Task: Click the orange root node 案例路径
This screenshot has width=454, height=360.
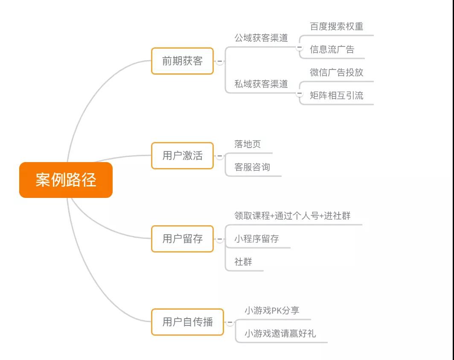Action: click(x=66, y=180)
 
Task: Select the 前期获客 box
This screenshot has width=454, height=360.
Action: click(x=183, y=61)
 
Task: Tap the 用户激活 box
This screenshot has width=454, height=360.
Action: click(x=183, y=156)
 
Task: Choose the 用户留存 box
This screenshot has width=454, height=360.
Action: click(x=183, y=239)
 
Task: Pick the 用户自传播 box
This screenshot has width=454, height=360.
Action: click(x=188, y=322)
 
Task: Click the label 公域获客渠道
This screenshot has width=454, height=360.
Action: click(x=261, y=38)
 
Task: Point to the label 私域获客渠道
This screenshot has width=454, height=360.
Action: click(x=261, y=84)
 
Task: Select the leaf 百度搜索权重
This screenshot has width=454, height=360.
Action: click(x=336, y=26)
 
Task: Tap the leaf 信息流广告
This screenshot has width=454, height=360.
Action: click(x=332, y=49)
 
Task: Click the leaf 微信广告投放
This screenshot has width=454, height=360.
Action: click(x=336, y=73)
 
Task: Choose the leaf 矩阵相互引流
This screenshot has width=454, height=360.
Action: click(x=336, y=95)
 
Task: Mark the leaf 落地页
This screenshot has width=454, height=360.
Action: click(x=247, y=144)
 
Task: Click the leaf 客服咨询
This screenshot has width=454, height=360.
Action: click(x=252, y=167)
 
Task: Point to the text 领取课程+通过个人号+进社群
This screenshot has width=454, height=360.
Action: click(x=292, y=215)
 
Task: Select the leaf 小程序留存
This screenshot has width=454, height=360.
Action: click(x=256, y=239)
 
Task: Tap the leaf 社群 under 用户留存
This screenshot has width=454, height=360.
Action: click(x=243, y=261)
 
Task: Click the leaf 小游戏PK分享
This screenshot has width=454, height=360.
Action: click(x=272, y=311)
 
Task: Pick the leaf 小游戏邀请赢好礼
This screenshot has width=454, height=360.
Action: click(x=280, y=334)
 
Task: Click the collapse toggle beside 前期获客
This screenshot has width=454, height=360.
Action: click(x=220, y=61)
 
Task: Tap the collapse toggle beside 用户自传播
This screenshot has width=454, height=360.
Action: click(x=230, y=322)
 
